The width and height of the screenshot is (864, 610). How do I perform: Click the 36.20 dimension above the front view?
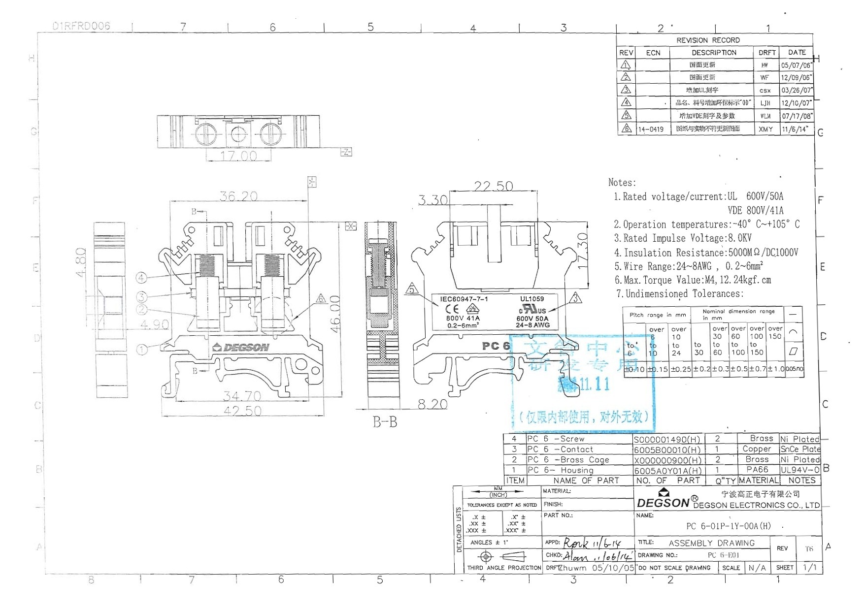tap(238, 196)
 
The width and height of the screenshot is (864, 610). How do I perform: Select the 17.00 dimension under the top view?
tap(238, 156)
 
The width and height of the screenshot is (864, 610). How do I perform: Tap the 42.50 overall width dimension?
tap(242, 411)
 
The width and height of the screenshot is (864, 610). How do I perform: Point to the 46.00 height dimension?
tap(335, 314)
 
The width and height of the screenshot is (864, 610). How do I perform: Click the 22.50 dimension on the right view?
tap(493, 186)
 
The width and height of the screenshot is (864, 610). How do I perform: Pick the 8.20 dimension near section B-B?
tap(432, 404)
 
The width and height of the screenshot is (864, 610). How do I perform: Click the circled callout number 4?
tap(141, 278)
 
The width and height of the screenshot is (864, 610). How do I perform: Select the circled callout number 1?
tap(141, 350)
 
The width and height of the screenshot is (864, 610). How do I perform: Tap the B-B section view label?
tap(385, 422)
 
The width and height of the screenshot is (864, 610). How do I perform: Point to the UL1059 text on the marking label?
tap(532, 299)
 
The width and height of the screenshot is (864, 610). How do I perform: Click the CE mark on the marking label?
tap(452, 309)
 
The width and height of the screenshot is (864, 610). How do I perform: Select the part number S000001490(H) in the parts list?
tap(667, 439)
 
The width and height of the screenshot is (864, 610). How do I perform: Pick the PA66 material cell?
tap(757, 470)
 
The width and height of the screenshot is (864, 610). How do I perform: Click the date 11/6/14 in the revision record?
tap(795, 129)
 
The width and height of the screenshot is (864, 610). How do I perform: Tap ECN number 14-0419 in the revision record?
tap(651, 129)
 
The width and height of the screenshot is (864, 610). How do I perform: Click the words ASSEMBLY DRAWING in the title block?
tap(711, 543)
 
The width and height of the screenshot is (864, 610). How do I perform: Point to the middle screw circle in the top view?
tap(237, 133)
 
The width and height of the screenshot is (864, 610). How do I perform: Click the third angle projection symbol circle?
tap(486, 557)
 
